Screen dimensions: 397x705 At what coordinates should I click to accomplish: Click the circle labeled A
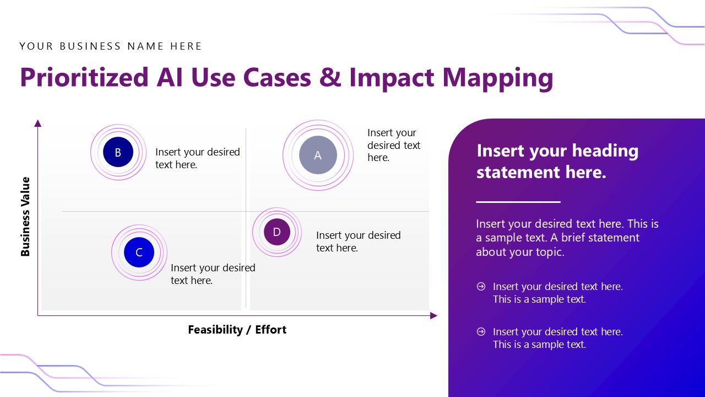coord(318,155)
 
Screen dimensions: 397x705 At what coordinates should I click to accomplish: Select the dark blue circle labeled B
coord(118,153)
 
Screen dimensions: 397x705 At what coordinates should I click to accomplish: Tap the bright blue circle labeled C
coord(139,253)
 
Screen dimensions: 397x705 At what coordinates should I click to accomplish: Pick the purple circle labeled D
coord(276,232)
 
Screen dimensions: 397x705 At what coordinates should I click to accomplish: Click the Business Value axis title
coord(25,217)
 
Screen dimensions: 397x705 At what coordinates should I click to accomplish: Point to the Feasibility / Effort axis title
coord(237,330)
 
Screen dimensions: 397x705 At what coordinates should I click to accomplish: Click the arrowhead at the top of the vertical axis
coord(38,124)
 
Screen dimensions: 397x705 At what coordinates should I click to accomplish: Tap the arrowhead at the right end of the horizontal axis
coord(433,316)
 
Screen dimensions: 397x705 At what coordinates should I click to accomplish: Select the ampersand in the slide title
coord(330,77)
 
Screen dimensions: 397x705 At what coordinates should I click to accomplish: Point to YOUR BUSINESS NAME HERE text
coord(111,46)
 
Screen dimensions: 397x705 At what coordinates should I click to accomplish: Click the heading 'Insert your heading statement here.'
coord(557,161)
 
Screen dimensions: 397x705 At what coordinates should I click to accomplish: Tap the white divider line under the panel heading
coord(518,202)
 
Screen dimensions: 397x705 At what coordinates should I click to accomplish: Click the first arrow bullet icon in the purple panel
coord(481,286)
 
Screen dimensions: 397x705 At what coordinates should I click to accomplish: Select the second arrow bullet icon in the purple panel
coord(481,331)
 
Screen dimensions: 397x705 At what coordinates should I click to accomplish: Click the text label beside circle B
coord(197,158)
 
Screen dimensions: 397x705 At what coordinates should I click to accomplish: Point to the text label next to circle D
coord(358,242)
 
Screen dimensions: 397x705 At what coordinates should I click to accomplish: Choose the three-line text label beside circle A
coord(393,145)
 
